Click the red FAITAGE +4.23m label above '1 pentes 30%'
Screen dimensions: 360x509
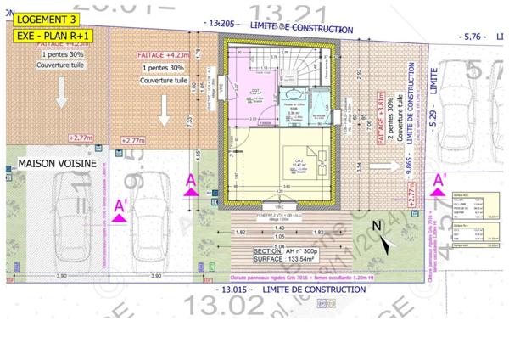pyautogui.click(x=165, y=54)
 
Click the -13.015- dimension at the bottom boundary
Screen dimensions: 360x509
pyautogui.click(x=239, y=290)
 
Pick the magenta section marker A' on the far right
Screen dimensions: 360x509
pyautogui.click(x=439, y=182)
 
